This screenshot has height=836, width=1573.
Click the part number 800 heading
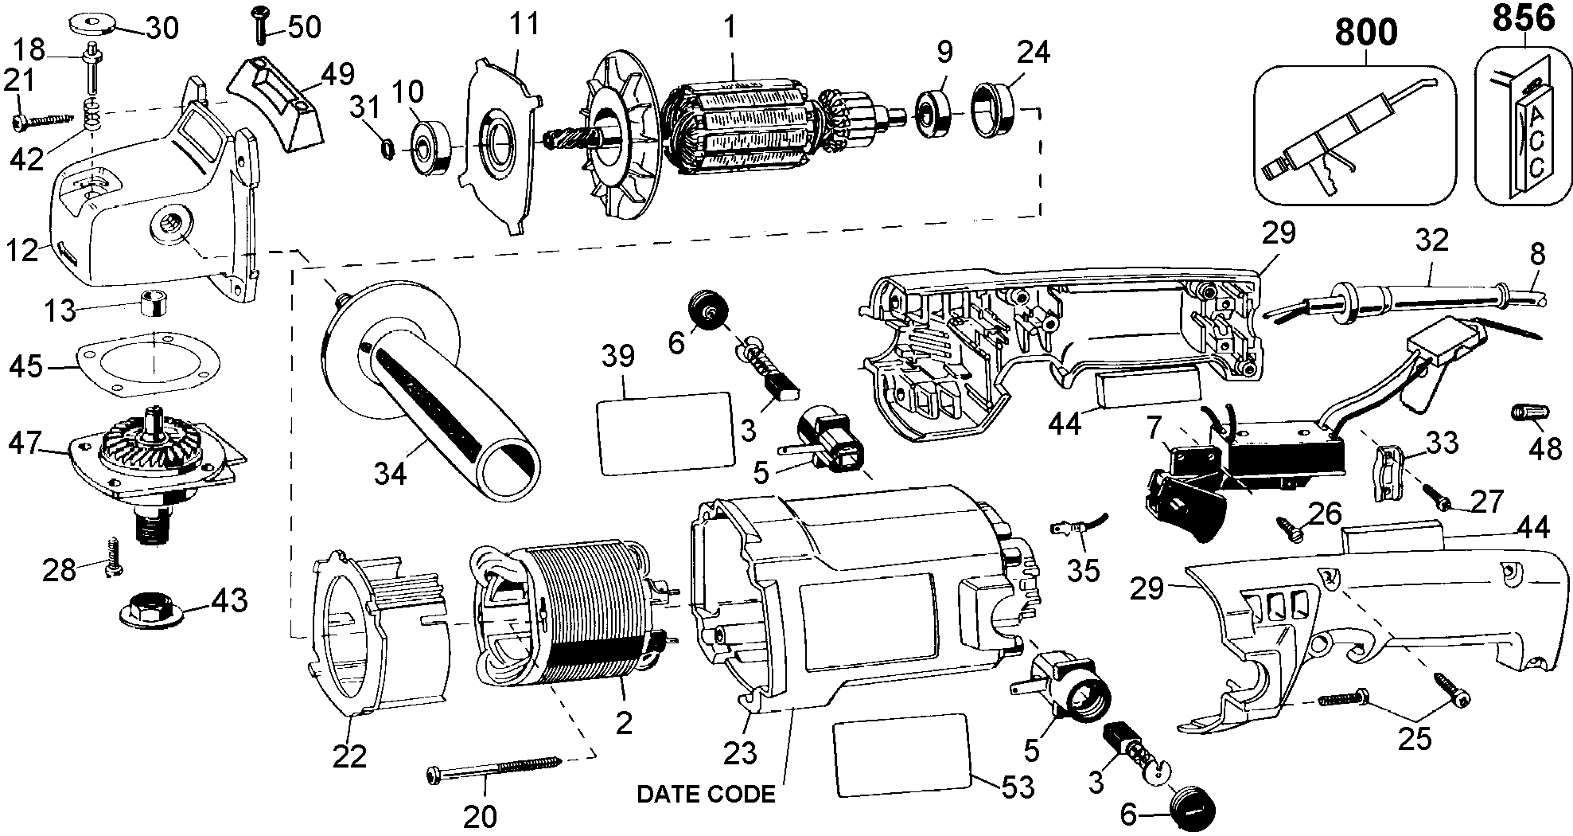[1365, 33]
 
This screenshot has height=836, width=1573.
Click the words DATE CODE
[706, 794]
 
